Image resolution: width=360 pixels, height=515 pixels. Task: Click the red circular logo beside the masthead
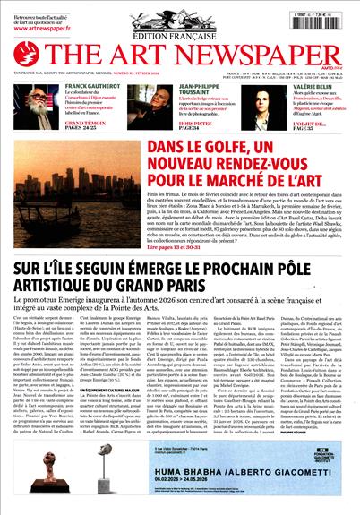pos(26,54)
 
